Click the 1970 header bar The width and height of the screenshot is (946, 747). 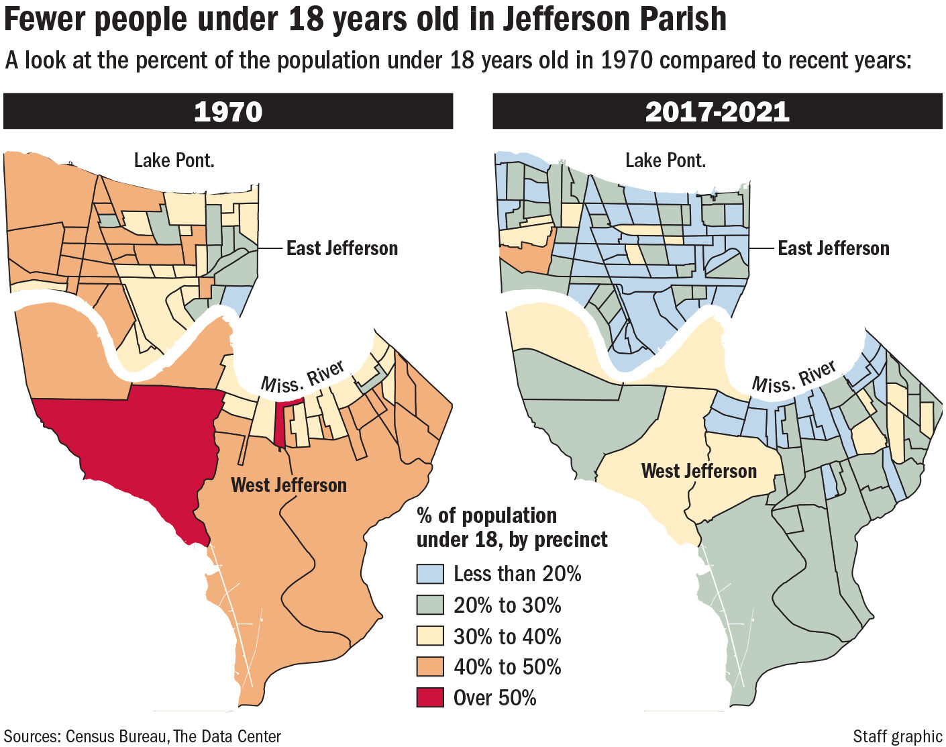coord(228,111)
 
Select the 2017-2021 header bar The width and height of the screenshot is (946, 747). coord(717,111)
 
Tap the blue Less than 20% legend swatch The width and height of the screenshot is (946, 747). coord(430,574)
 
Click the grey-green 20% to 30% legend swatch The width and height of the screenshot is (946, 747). coord(430,605)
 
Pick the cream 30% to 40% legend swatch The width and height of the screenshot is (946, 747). coord(430,636)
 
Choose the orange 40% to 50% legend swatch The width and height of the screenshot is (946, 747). coord(430,666)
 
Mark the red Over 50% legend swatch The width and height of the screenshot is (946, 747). coord(430,697)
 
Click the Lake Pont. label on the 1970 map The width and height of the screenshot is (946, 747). coord(174,160)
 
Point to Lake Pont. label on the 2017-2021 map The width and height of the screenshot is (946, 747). coord(665,160)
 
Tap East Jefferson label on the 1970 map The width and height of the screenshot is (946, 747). coord(341,248)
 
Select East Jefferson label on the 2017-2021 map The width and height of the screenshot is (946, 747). coord(833,248)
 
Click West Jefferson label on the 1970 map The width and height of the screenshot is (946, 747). coord(288,485)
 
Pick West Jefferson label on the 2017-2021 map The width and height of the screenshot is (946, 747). coord(698,471)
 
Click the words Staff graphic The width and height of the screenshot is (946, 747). coord(897,736)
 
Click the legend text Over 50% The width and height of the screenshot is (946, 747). coord(494,698)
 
